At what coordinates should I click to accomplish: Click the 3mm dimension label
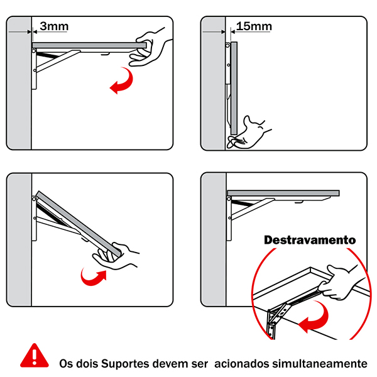[x=54, y=26]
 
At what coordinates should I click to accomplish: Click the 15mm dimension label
[x=254, y=26]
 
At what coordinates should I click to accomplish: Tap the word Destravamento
[x=310, y=240]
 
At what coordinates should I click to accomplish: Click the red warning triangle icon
[x=35, y=356]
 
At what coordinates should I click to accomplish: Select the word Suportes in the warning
[x=121, y=364]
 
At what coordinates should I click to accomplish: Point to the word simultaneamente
[x=320, y=363]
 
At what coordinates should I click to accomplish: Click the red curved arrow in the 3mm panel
[x=122, y=80]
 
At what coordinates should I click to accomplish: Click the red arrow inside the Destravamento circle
[x=314, y=317]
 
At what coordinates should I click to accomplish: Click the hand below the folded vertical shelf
[x=248, y=134]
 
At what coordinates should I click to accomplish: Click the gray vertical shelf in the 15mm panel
[x=234, y=88]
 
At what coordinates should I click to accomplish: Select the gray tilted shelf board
[x=79, y=224]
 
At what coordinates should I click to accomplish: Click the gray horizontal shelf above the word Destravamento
[x=283, y=193]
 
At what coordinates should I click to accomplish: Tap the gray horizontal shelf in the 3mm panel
[x=89, y=45]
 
